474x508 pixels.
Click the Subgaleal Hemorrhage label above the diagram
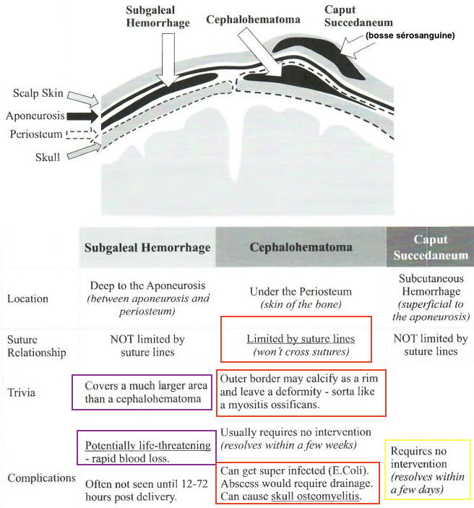coord(158,17)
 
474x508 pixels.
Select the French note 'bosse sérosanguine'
coord(410,35)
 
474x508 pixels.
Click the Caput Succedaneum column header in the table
coord(430,247)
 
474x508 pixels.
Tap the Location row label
coord(28,298)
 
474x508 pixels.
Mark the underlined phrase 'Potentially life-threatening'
coord(147,444)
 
